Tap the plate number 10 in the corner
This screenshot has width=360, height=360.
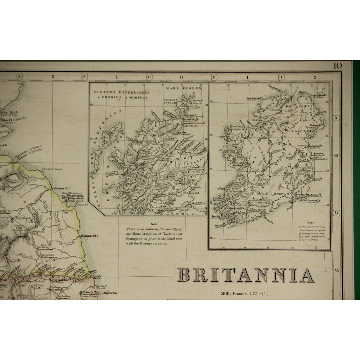337,66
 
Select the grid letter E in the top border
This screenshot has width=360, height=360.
20,76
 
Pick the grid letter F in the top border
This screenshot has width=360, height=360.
85,76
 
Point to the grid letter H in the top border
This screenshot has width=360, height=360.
214,76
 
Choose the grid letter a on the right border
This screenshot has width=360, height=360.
336,118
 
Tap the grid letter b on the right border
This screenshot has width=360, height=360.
336,213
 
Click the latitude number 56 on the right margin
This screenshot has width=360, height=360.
336,156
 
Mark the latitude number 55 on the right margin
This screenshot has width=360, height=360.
336,270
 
